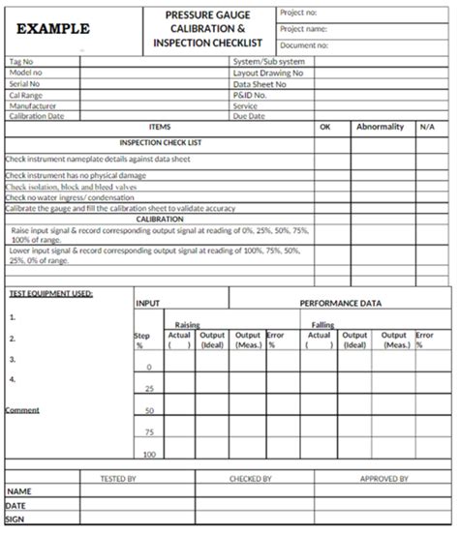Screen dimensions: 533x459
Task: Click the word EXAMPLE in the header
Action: point(53,29)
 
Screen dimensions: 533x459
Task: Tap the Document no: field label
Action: point(308,44)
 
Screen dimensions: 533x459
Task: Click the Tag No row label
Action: point(21,61)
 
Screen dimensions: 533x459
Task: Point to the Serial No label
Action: point(23,84)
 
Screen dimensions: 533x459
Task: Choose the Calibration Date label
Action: point(36,116)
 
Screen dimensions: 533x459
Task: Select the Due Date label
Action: point(249,116)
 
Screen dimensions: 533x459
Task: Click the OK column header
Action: point(324,127)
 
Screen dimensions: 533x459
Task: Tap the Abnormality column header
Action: point(379,127)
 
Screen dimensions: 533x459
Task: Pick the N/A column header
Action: point(428,127)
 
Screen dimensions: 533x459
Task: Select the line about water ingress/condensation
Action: point(70,197)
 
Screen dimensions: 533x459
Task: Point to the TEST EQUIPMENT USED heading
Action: point(50,293)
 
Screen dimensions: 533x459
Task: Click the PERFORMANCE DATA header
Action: point(340,303)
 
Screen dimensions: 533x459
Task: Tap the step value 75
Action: point(149,432)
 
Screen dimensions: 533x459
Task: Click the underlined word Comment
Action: point(22,410)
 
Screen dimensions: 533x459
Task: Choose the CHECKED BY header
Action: point(250,478)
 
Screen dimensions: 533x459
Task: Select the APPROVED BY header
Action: point(383,478)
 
